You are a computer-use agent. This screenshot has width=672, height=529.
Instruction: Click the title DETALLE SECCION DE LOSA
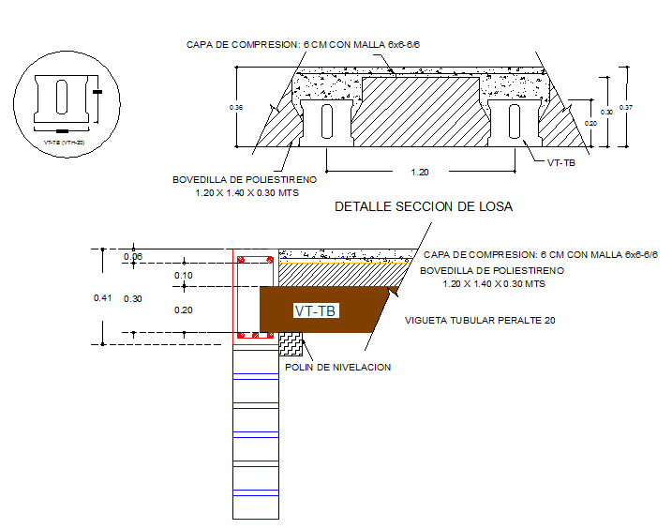click(x=424, y=206)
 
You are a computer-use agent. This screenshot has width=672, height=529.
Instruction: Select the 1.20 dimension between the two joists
click(x=421, y=173)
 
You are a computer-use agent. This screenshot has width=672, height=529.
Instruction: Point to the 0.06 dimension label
click(x=132, y=257)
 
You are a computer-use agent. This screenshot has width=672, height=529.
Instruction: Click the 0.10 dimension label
click(x=183, y=275)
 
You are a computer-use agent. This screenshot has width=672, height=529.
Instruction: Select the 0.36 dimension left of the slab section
click(x=236, y=109)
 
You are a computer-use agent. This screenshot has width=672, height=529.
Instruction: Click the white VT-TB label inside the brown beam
click(x=316, y=310)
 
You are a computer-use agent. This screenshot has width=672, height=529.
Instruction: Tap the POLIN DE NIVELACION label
click(x=337, y=367)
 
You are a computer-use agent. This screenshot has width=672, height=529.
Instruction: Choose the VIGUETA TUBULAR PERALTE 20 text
click(x=480, y=320)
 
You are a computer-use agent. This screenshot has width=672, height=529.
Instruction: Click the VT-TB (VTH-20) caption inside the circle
click(x=64, y=143)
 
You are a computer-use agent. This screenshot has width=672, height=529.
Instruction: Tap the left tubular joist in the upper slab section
click(x=326, y=120)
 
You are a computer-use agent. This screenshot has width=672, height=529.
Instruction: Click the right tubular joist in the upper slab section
click(x=514, y=120)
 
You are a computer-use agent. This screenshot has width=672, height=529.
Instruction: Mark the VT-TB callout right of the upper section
click(x=561, y=162)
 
